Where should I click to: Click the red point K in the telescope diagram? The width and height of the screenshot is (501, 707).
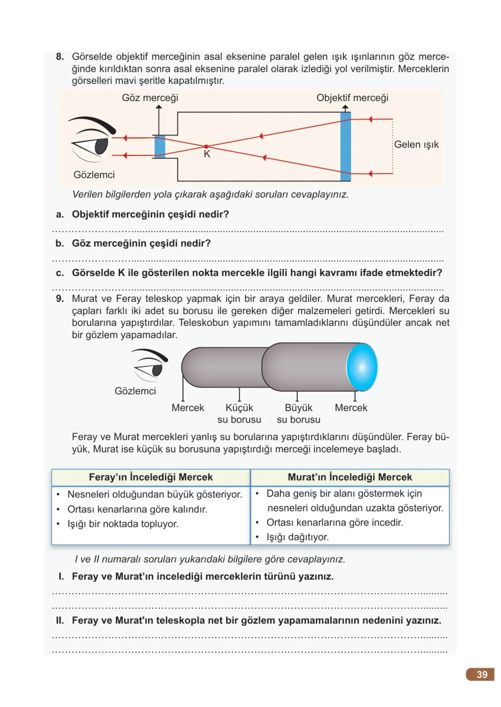[206, 147]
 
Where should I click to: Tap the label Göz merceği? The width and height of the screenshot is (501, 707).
[150, 98]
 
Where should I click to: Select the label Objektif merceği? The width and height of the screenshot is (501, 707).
[352, 98]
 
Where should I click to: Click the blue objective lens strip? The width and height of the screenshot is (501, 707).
[345, 147]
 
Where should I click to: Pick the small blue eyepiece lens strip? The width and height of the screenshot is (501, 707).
[159, 147]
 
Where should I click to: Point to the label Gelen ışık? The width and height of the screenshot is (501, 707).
[416, 144]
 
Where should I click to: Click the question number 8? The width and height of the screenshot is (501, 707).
[60, 56]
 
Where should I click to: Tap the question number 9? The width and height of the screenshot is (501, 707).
[60, 299]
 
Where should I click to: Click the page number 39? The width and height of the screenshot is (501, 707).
[482, 674]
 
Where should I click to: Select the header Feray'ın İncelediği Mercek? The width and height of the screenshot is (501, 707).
[151, 477]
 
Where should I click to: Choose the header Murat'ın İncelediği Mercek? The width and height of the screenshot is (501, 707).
[350, 477]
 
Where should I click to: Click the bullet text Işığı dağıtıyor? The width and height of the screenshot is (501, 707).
[298, 537]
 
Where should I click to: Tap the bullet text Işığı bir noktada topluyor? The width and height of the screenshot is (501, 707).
[123, 524]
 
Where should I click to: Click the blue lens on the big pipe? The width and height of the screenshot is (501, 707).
[362, 367]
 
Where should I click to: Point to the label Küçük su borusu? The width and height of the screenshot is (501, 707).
[239, 414]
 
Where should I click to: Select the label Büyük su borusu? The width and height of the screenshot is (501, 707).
[298, 414]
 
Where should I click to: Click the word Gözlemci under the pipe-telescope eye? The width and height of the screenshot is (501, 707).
[135, 391]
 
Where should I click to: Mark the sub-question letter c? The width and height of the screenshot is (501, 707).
[60, 273]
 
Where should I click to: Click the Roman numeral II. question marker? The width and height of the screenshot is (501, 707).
[60, 620]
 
